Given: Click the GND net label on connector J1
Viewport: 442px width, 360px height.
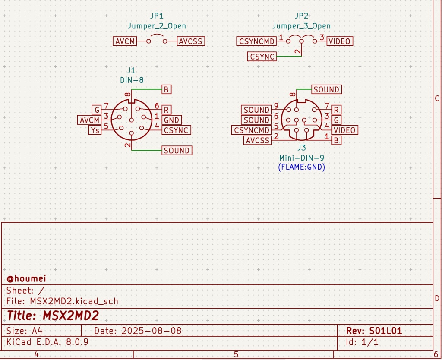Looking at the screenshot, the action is click(x=171, y=120).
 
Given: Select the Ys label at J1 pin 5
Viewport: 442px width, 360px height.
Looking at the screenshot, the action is click(x=95, y=130).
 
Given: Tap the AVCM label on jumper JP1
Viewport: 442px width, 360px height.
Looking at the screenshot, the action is click(x=125, y=41).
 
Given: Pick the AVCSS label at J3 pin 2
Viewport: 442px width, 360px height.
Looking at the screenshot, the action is click(x=257, y=140).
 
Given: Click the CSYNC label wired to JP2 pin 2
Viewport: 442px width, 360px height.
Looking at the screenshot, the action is click(x=262, y=57).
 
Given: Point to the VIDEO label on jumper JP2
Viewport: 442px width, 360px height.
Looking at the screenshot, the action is click(x=339, y=41).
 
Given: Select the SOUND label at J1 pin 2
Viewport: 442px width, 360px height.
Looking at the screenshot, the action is click(x=177, y=151).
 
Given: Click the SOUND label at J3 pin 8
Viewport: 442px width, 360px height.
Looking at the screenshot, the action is click(x=326, y=89).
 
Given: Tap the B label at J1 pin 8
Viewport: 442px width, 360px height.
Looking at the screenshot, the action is click(x=166, y=90).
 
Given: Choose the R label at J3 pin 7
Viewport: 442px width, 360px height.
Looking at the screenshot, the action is click(x=336, y=110).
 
